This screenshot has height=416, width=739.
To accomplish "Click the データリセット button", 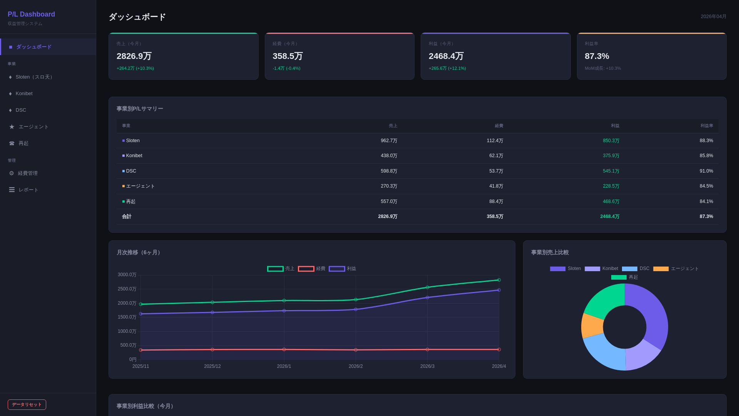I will (x=27, y=404).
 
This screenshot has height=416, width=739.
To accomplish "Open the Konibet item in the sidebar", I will (x=24, y=94).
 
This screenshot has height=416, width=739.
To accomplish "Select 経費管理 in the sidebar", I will (x=27, y=173).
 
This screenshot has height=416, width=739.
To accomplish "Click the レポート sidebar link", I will (x=28, y=190).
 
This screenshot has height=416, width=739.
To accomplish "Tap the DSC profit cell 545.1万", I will (x=611, y=171).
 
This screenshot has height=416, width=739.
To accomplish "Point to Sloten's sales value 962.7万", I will (x=389, y=141).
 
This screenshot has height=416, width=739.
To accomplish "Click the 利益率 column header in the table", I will (x=706, y=126).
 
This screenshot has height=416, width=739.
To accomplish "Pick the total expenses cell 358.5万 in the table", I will (x=495, y=216).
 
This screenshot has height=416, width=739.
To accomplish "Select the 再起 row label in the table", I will (x=130, y=201).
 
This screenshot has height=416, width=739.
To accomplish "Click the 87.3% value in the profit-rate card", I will (x=597, y=56).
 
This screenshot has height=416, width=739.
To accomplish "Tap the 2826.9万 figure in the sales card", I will (x=134, y=56).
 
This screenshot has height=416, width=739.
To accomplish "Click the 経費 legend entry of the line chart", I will (x=312, y=269).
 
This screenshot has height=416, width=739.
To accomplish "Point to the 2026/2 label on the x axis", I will (x=356, y=366).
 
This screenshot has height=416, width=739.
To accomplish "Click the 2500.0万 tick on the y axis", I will (x=127, y=289).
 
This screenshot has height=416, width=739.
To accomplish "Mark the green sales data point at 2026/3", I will (x=427, y=287).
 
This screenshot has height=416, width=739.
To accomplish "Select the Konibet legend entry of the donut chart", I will (x=601, y=269).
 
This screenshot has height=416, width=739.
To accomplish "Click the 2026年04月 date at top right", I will (x=713, y=17).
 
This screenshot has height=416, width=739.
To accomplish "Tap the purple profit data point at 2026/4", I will (x=499, y=290).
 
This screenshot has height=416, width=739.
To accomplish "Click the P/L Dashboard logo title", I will (x=31, y=14).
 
